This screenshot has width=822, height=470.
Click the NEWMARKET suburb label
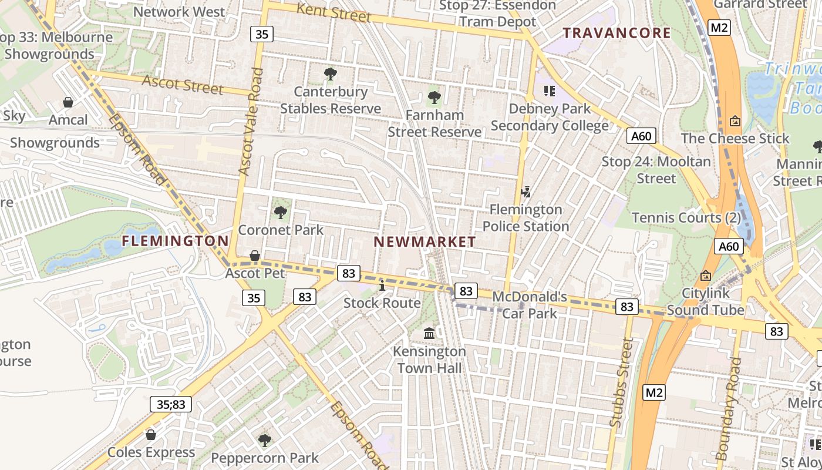[425, 241]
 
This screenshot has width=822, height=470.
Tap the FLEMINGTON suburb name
[176, 241]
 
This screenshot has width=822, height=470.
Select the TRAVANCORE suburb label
[617, 33]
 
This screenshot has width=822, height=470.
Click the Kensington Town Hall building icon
[429, 334]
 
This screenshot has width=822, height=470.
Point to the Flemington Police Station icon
[526, 192]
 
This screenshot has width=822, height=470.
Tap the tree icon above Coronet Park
[281, 212]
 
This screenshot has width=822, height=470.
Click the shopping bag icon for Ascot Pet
[255, 256]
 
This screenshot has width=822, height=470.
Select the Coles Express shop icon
[151, 435]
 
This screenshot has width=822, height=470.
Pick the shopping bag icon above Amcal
[68, 103]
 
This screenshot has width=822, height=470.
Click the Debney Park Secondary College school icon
[550, 91]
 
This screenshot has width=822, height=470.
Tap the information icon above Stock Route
[382, 286]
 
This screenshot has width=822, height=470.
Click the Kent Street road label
[333, 12]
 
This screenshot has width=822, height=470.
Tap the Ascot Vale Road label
[251, 121]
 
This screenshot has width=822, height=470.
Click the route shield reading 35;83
[171, 404]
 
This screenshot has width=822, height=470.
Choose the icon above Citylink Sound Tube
[706, 276]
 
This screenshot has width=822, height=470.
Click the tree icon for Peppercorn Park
[265, 440]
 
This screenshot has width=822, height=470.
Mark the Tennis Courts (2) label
[686, 218]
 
